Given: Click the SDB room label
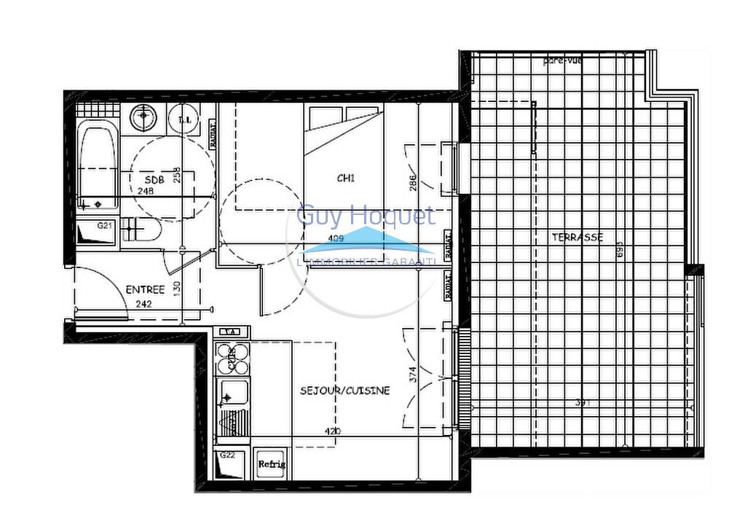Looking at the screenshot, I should coord(154,180).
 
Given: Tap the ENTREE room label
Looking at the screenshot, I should coord(146,289).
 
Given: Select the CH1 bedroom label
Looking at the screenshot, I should coord(345,177).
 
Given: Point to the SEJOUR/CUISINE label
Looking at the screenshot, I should coord(345,391).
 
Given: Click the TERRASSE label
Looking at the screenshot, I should coord(578,237).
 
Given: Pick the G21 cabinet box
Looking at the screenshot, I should coord(97,233).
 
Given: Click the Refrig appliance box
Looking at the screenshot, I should coord(272,464).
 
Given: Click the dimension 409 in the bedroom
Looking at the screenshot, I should coord(336,238).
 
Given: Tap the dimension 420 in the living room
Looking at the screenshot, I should coord(332,431).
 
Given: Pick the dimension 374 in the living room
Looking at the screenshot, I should coord(413,375).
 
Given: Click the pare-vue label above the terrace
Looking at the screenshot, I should coord(562,60).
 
